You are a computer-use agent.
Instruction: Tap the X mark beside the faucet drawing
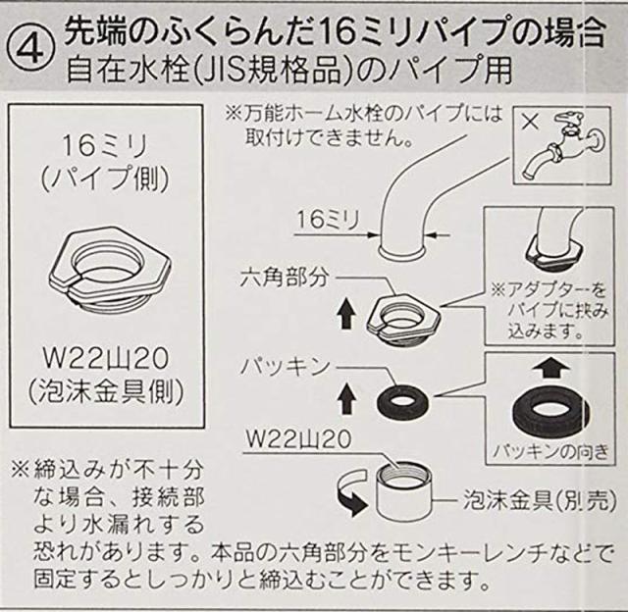pyautogui.click(x=530, y=122)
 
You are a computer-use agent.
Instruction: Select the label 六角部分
pyautogui.click(x=284, y=278)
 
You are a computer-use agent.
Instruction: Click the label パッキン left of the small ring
pyautogui.click(x=285, y=366)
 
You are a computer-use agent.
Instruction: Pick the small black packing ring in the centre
pyautogui.click(x=402, y=401)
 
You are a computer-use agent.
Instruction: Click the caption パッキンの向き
pyautogui.click(x=550, y=452)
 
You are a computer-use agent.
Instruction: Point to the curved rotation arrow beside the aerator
pyautogui.click(x=351, y=492)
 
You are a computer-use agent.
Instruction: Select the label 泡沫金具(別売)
pyautogui.click(x=539, y=499)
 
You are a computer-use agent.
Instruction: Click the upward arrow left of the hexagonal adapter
pyautogui.click(x=346, y=315)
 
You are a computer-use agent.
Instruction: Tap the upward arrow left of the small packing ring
pyautogui.click(x=346, y=398)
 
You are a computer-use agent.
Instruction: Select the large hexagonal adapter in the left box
pyautogui.click(x=110, y=272)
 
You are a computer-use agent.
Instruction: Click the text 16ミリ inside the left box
pyautogui.click(x=106, y=146)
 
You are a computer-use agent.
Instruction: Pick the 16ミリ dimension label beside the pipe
pyautogui.click(x=327, y=220)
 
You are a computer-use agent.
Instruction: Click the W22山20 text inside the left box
pyautogui.click(x=106, y=358)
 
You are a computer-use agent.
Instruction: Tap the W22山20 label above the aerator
pyautogui.click(x=298, y=439)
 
